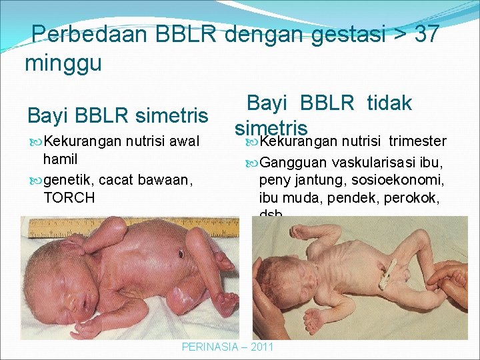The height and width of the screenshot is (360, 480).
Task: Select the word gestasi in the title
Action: (345, 35)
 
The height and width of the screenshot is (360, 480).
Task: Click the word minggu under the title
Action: (63, 64)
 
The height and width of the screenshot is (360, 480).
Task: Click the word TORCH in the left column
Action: (69, 197)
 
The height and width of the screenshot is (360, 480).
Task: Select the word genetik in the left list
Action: (66, 179)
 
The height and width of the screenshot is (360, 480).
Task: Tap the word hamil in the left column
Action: (60, 159)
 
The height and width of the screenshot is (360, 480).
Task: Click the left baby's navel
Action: (181, 254)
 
